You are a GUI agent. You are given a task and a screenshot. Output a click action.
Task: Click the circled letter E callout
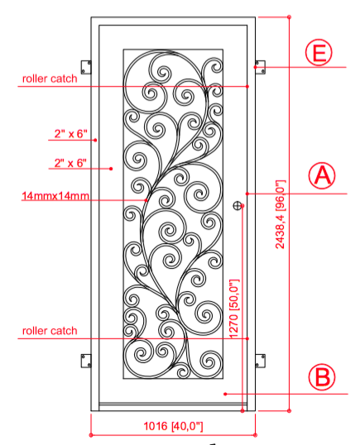pyautogui.click(x=319, y=52)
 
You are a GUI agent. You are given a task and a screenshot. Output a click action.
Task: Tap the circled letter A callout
pyautogui.click(x=322, y=175)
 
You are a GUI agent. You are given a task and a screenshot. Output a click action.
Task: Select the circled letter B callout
pyautogui.click(x=322, y=377)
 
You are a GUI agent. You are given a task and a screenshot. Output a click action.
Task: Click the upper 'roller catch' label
pyautogui.click(x=50, y=79)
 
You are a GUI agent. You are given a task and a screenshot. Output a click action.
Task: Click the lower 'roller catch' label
pyautogui.click(x=50, y=331)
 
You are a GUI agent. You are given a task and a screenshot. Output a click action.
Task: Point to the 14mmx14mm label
pyautogui.click(x=55, y=196)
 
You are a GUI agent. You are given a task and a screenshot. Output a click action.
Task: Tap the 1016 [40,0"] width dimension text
pyautogui.click(x=173, y=426)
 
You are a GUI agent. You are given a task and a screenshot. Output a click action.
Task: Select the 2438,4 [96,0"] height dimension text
pyautogui.click(x=281, y=214)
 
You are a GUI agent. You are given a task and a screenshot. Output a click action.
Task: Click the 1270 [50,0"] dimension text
pyautogui.click(x=234, y=309)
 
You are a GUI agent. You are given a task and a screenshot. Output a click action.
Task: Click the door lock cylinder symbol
pyautogui.click(x=237, y=206)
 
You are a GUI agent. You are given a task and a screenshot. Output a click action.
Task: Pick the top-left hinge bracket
pyautogui.click(x=86, y=67)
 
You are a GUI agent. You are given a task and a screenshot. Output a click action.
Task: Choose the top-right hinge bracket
pyautogui.click(x=260, y=67)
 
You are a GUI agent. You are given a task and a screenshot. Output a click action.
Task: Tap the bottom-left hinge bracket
pyautogui.click(x=86, y=361)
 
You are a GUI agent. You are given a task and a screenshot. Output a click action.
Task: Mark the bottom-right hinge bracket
pyautogui.click(x=260, y=361)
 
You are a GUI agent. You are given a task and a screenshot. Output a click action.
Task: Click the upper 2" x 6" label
pyautogui.click(x=70, y=133)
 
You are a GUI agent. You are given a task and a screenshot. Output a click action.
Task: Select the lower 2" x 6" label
pyautogui.click(x=70, y=163)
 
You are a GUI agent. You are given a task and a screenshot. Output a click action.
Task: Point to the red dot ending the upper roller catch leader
pyautogui.click(x=247, y=86)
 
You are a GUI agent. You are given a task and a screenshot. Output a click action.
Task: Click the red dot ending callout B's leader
pyautogui.click(x=225, y=394)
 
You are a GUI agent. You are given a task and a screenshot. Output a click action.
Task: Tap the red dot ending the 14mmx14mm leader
pyautogui.click(x=146, y=200)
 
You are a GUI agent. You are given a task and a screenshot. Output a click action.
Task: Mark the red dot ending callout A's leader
pyautogui.click(x=247, y=194)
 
